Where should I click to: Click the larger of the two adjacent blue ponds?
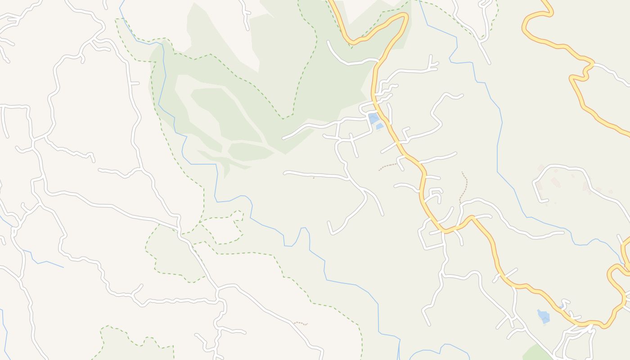(373, 118)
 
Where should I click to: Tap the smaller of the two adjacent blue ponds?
(380, 126)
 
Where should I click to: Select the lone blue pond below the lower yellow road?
(544, 316)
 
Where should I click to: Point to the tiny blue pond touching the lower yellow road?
(561, 307)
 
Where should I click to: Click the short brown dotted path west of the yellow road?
(388, 167)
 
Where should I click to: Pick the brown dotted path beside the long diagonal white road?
(301, 323)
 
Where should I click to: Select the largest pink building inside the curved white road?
(556, 182)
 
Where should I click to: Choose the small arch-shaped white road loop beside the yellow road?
(435, 195)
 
